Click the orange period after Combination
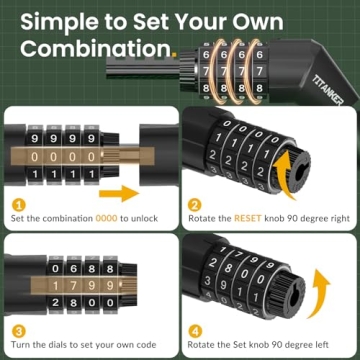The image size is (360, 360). [x=173, y=54]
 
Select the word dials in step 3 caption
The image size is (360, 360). [x=63, y=344]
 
